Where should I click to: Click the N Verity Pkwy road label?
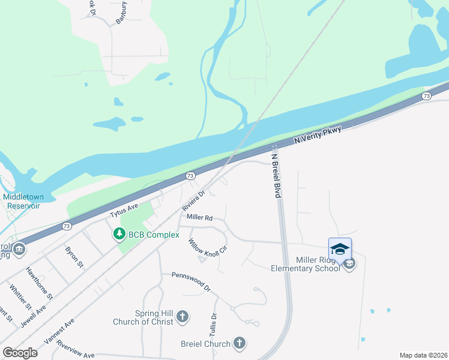pos(318,135)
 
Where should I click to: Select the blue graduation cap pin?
pos(340,249)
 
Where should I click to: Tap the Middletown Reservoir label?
pos(21,201)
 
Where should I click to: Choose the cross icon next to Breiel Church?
pos(240,344)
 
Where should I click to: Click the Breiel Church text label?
pos(205,344)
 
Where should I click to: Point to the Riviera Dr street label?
pos(194,201)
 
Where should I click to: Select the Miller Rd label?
pos(199,218)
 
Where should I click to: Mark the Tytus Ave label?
pos(124,209)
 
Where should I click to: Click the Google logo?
pos(19,353)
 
